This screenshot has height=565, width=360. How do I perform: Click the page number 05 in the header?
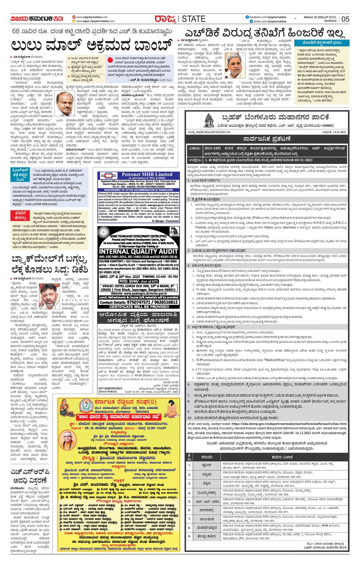pos(345,19)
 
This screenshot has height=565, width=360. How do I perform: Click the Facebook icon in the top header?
pos(247,17)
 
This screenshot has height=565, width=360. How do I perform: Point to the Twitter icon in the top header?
pos(247,21)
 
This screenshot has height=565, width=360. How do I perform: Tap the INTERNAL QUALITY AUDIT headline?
pos(139,251)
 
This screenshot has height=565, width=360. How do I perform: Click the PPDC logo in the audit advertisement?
pos(175,232)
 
